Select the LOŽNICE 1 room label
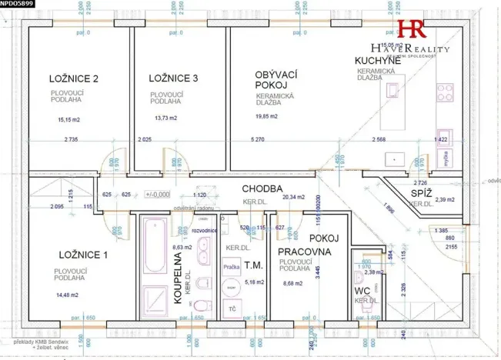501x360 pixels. click(83, 255)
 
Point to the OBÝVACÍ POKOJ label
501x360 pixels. click(276, 79)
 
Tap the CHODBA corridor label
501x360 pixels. click(263, 188)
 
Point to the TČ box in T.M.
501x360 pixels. click(230, 308)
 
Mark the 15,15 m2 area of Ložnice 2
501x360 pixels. click(69, 120)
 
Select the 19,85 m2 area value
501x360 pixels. click(269, 117)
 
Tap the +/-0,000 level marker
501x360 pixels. click(157, 195)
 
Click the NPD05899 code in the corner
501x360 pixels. click(17, 4)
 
